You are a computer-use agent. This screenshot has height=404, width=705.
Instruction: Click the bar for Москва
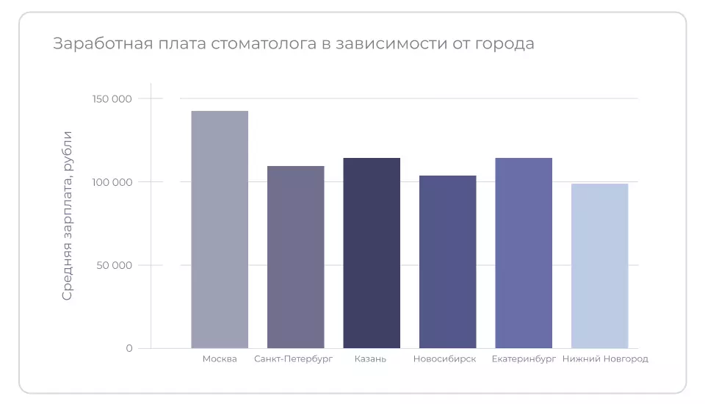click(x=220, y=229)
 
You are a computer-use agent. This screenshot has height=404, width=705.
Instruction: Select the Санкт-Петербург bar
click(x=295, y=257)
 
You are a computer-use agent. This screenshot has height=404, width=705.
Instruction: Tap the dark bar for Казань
click(x=372, y=253)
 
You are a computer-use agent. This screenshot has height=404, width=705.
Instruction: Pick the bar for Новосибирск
click(x=447, y=261)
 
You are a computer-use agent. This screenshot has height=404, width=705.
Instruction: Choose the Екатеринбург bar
click(x=524, y=253)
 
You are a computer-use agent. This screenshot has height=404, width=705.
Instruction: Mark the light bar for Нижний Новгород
click(x=599, y=266)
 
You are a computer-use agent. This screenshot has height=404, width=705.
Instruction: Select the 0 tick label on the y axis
click(x=129, y=348)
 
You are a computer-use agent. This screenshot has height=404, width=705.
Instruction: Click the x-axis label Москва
click(x=220, y=359)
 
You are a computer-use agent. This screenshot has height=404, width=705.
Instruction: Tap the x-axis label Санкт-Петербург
click(x=294, y=359)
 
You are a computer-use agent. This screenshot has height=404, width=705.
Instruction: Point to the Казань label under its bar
click(x=370, y=359)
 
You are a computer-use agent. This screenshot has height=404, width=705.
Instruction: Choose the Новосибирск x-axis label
click(x=444, y=359)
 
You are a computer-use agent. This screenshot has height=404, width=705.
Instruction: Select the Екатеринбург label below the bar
click(x=524, y=359)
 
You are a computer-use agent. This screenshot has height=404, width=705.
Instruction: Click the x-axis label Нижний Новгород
click(x=605, y=359)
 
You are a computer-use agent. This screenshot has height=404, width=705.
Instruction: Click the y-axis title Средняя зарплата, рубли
click(x=67, y=215)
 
